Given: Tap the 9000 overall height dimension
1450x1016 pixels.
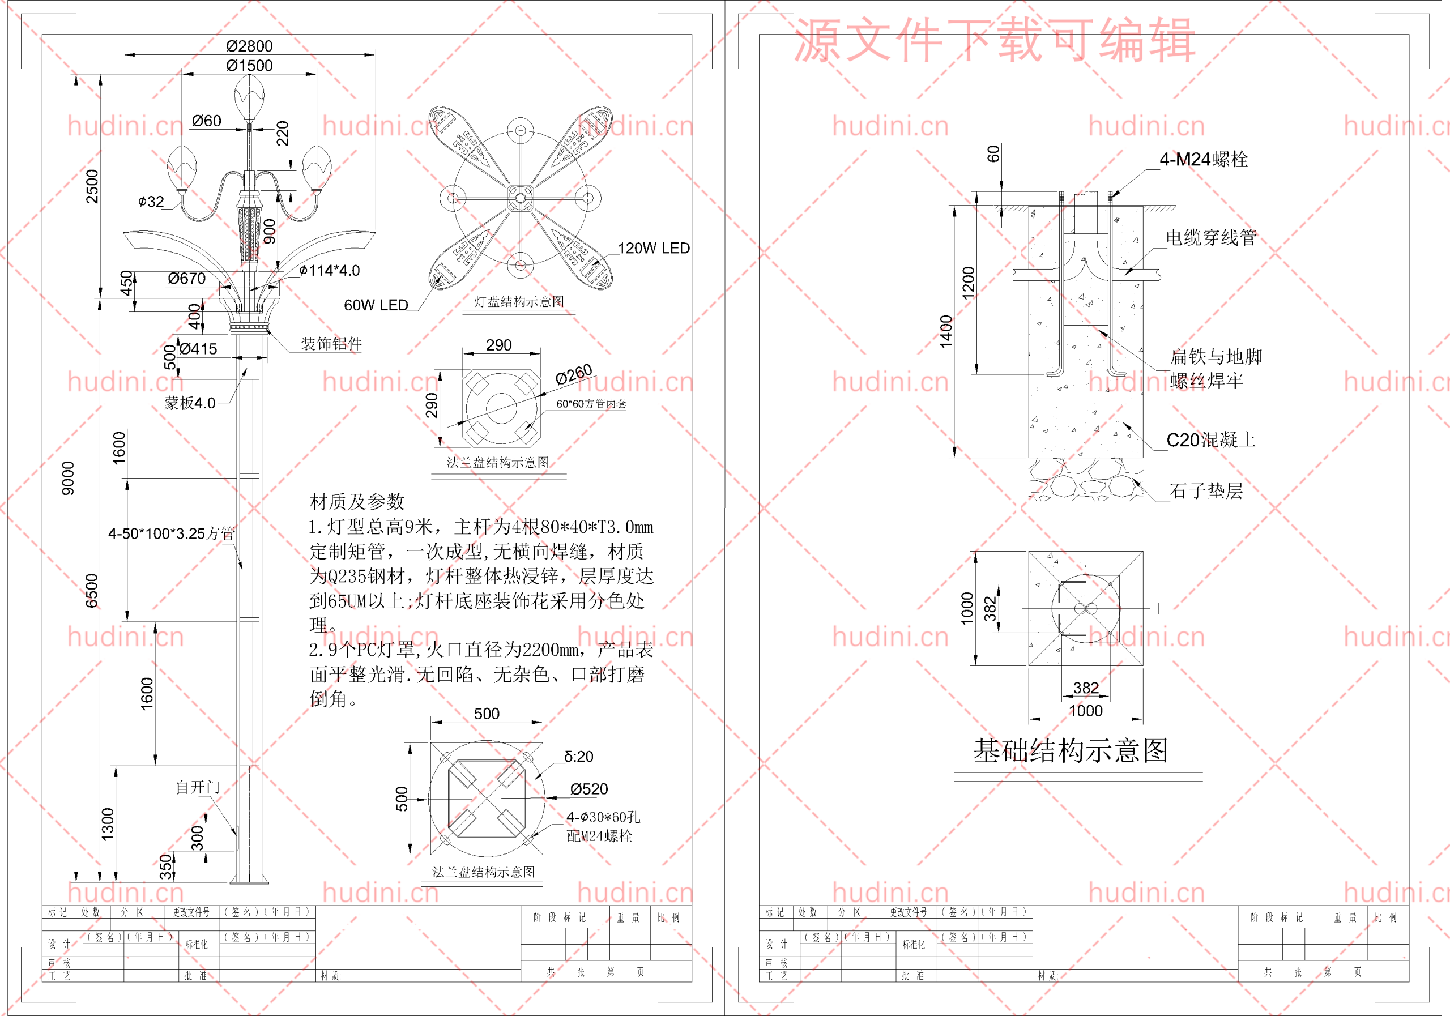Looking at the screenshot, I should [68, 478].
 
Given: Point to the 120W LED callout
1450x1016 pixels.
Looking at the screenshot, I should [653, 248].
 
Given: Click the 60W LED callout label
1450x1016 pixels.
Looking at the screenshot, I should [376, 305].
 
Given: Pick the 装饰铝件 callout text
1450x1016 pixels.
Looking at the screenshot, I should [331, 344].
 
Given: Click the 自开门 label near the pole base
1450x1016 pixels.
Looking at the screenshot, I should [198, 787].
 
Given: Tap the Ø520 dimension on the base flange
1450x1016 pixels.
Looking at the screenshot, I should [588, 789].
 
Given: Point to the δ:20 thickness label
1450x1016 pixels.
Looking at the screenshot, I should [578, 757].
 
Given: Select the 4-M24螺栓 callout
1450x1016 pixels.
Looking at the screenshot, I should [1203, 159].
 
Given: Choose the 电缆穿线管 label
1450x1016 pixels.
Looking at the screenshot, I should [1210, 237].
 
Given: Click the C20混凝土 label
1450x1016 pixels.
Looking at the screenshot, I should [1210, 439].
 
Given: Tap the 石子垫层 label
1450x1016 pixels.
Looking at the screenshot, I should [1206, 490].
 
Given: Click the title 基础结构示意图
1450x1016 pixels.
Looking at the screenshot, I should [1071, 750].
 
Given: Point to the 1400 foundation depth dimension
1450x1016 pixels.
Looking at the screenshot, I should [945, 331].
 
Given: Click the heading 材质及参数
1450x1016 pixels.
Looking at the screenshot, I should [357, 501].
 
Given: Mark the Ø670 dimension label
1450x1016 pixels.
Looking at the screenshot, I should [186, 279].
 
